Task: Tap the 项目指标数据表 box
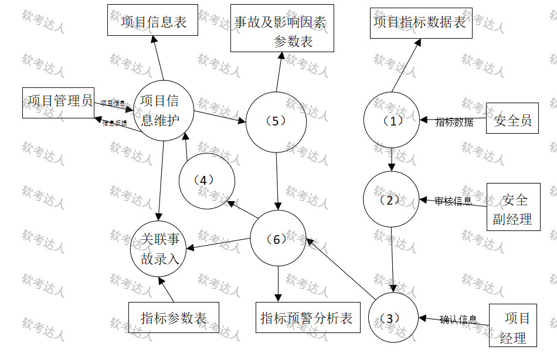[x=420, y=23]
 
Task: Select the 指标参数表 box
[x=174, y=318]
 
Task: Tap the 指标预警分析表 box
[x=308, y=318]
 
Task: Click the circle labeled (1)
[x=391, y=121]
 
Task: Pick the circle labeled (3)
[x=393, y=318]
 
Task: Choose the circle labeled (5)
[x=275, y=121]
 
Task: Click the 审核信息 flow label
[x=453, y=202]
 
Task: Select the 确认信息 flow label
[x=458, y=320]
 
